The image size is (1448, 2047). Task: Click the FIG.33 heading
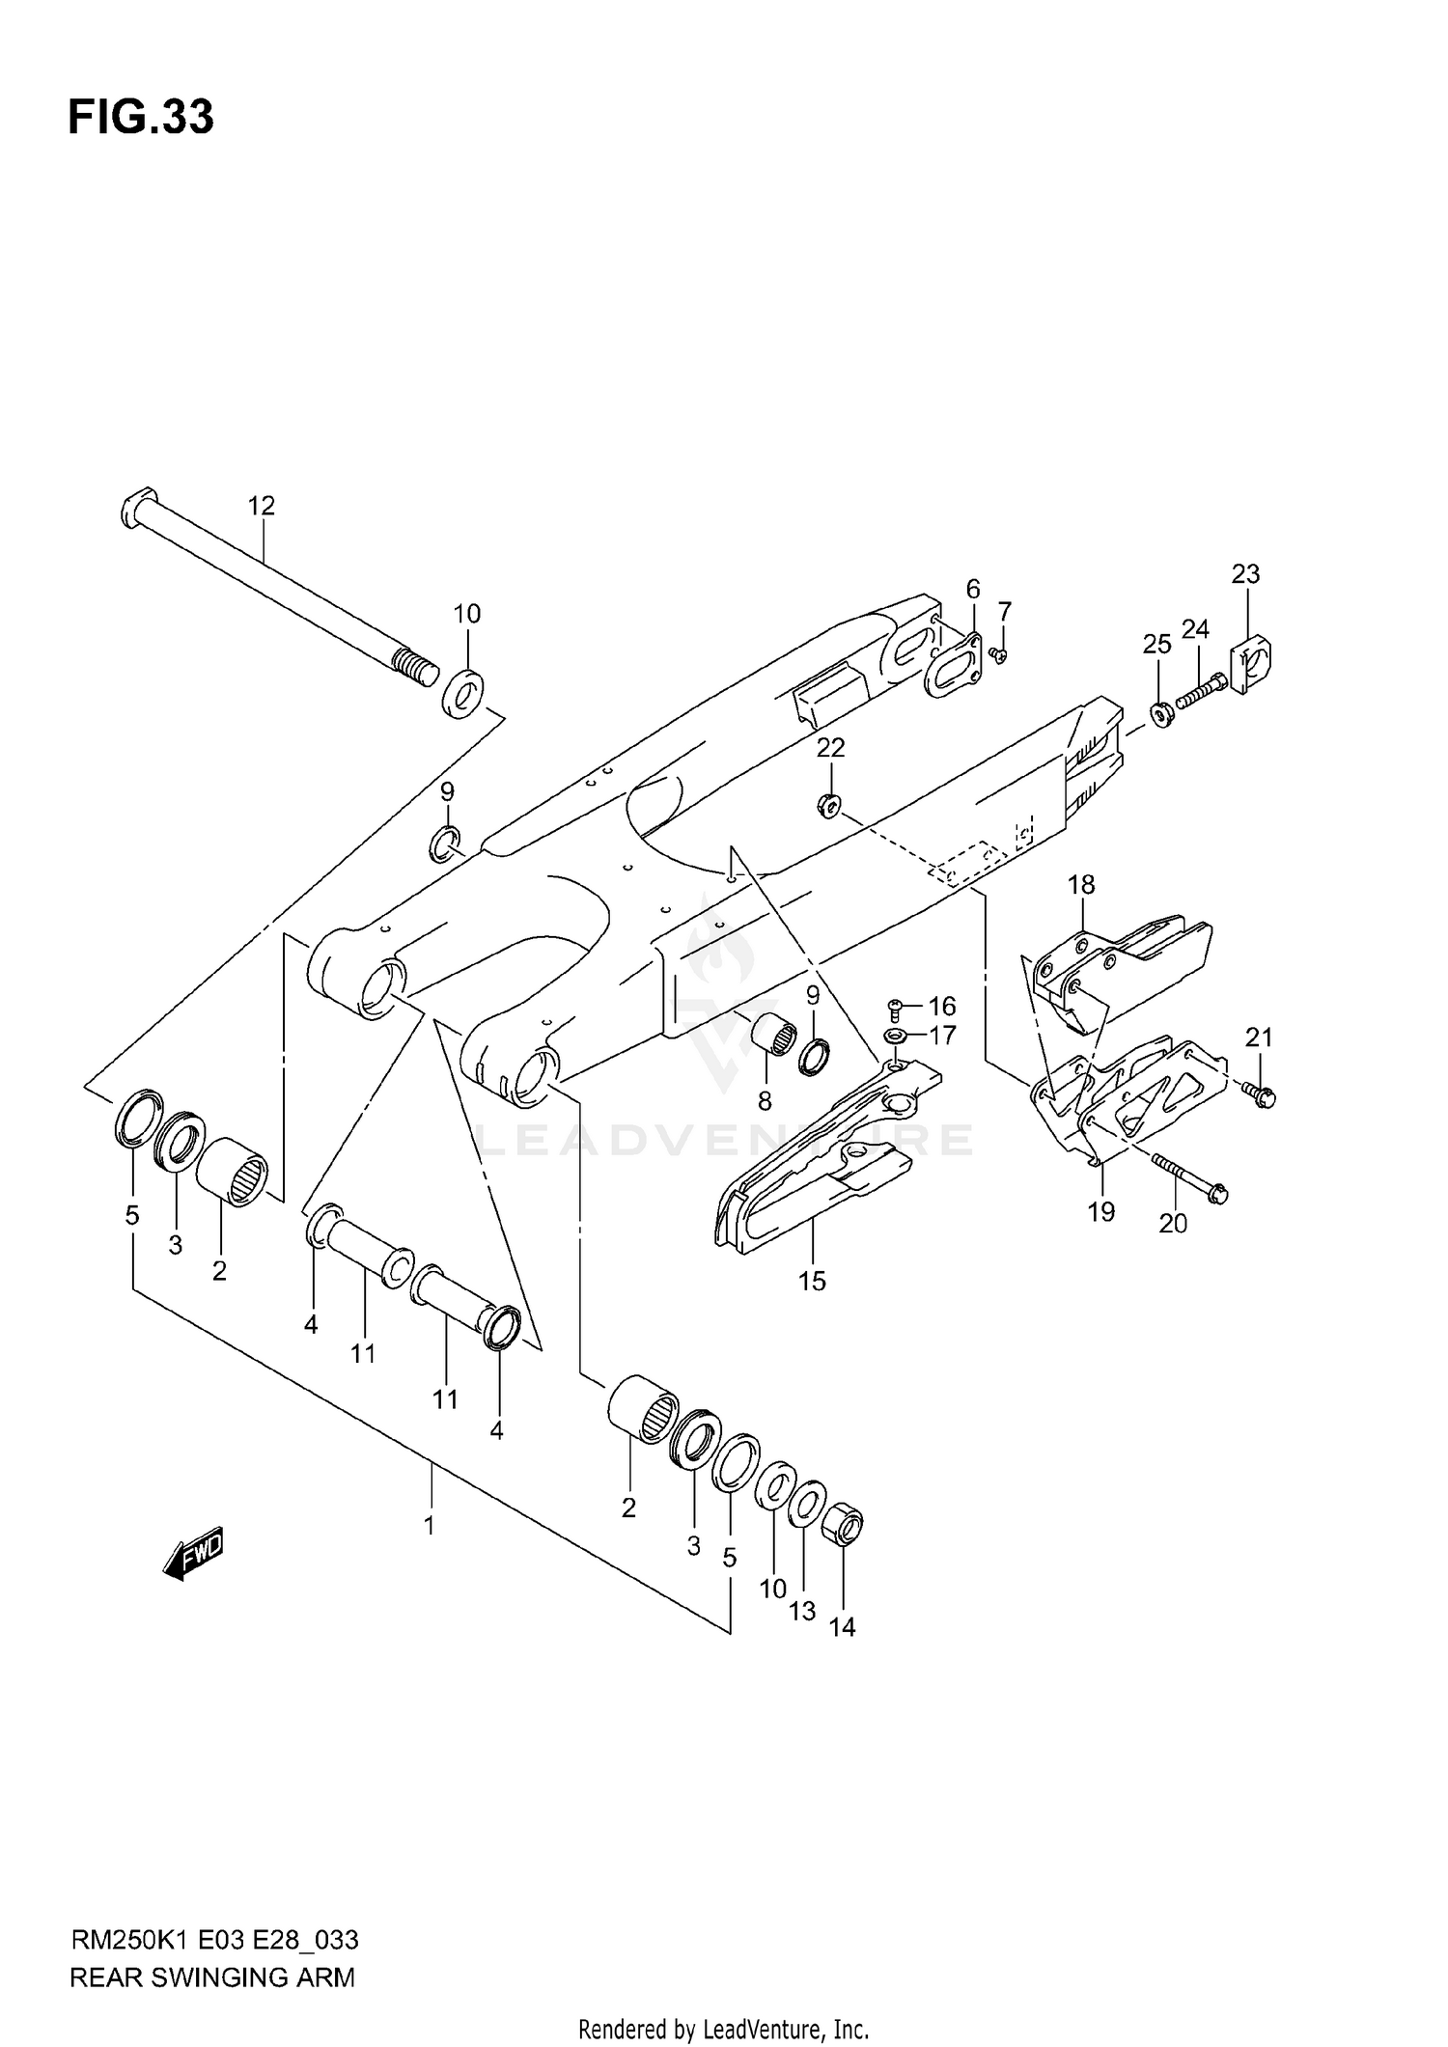click(141, 118)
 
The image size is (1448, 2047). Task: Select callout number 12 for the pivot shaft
click(261, 506)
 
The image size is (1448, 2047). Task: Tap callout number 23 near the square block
click(1245, 574)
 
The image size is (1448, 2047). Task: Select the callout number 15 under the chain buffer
click(812, 1281)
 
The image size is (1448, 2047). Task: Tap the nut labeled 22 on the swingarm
click(829, 802)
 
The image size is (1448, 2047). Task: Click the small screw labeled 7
click(1000, 655)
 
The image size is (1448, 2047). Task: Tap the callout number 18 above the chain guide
click(1081, 884)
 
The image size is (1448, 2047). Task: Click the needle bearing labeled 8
click(775, 1038)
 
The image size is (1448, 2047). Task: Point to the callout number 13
click(802, 1610)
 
